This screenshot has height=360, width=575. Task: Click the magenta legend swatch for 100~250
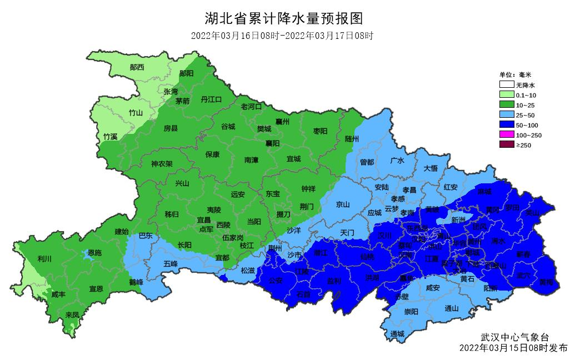tap(506, 135)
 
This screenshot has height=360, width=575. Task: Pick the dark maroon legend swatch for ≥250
tap(506, 145)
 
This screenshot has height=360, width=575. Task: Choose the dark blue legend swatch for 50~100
tap(506, 125)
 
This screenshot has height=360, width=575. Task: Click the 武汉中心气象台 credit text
tap(514, 337)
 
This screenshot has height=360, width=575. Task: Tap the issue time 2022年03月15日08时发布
tap(513, 348)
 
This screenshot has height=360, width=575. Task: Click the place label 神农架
tap(162, 164)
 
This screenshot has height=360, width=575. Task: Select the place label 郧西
tap(137, 67)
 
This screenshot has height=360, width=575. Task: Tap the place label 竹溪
tap(110, 136)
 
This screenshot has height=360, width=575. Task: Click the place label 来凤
tap(72, 315)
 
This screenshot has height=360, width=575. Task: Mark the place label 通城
tap(397, 333)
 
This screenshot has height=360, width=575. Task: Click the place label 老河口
tap(251, 106)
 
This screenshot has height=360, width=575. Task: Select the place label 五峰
tap(171, 264)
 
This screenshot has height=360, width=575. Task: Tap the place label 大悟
tap(431, 168)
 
